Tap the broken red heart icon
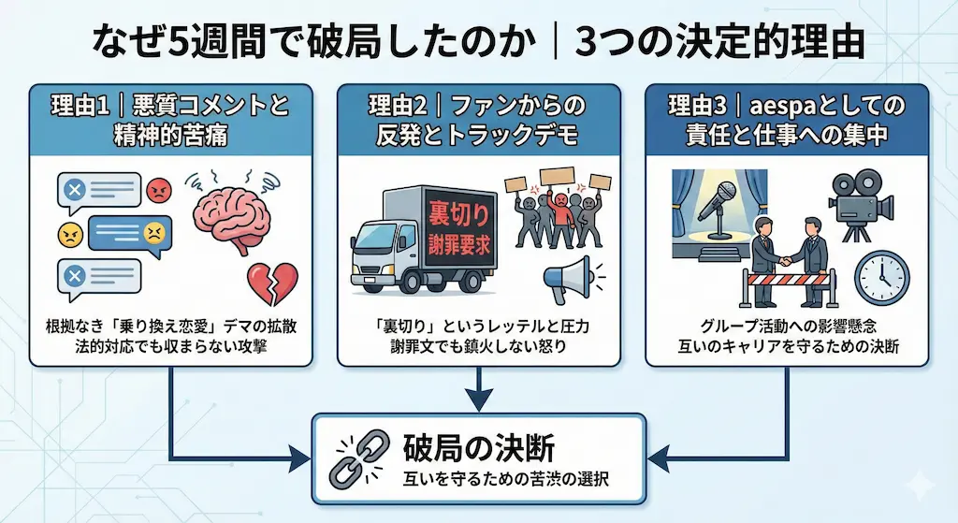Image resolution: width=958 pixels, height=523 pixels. pyautogui.click(x=271, y=282)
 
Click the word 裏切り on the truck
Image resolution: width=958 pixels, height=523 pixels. pyautogui.click(x=458, y=214)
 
